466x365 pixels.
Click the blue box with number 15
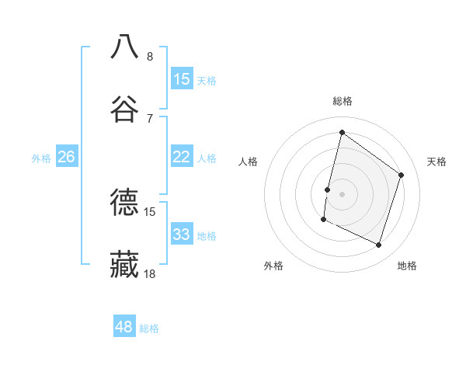coord(182,78)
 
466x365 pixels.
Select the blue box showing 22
coord(182,157)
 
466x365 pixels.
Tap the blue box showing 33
coord(182,235)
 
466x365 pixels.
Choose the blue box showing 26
coord(66,157)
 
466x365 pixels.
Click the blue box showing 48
coord(124,327)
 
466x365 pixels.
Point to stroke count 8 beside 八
coord(149,56)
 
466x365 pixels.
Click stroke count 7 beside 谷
coord(149,118)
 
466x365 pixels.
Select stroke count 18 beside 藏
coord(149,273)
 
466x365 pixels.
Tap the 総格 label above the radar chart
coord(342,101)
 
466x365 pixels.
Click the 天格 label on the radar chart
coord(436,162)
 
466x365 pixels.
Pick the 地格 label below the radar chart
coord(407,266)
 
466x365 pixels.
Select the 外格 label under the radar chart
coord(273,266)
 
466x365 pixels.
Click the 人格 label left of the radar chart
coord(248,162)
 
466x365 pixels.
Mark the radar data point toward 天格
coord(402,175)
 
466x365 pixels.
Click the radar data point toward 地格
coord(378,245)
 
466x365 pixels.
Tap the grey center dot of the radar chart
coord(342,193)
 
